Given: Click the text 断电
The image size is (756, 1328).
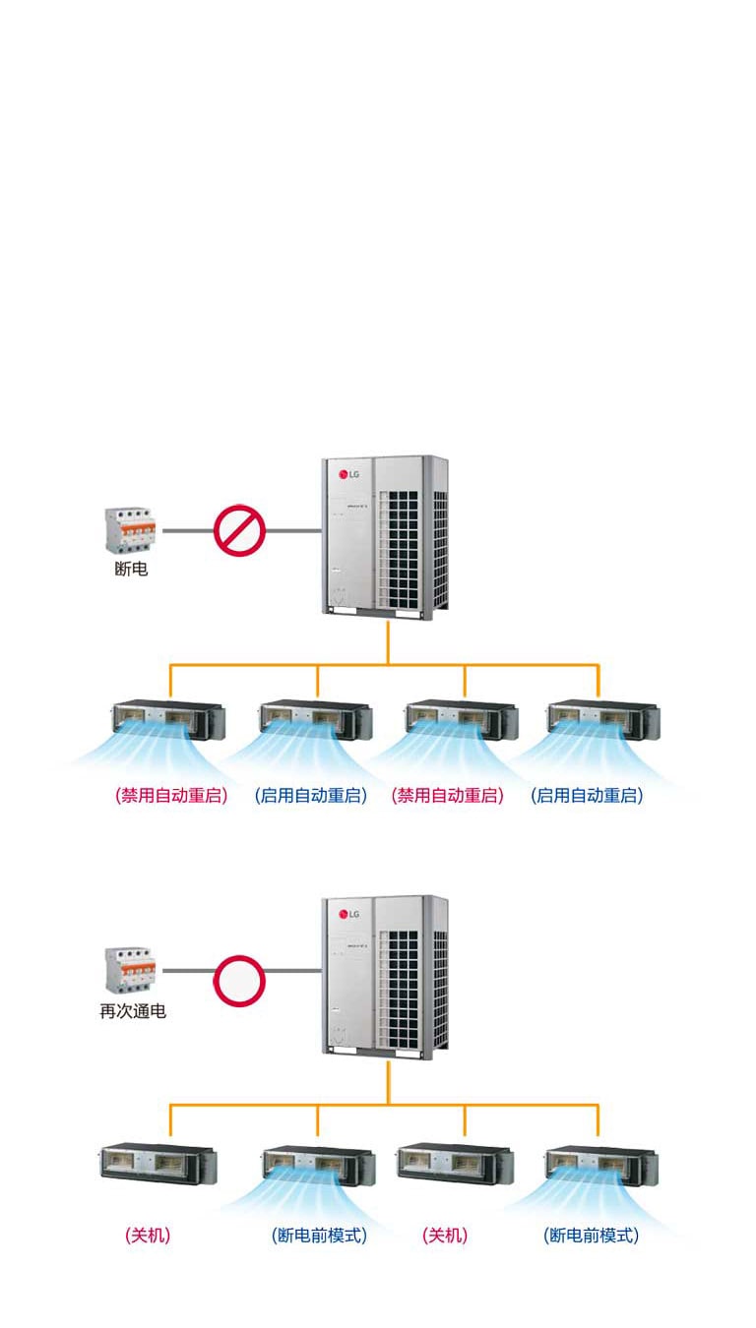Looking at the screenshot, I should coord(131,569).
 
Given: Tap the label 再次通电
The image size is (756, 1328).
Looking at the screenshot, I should coord(133,1010).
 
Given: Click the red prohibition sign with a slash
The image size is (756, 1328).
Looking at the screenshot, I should coord(240,530).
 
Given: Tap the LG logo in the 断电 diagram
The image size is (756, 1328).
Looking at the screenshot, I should coord(349,475).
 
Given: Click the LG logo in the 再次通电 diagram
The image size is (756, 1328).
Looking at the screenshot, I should coord(349,914).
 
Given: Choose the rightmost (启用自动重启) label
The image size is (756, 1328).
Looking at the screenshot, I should coord(587,796).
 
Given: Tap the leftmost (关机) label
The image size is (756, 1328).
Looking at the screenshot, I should coord(148,1236).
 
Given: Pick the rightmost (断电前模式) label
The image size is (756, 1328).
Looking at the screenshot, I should coord(592,1236).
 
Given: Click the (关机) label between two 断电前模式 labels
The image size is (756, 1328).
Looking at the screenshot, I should coord(445,1236).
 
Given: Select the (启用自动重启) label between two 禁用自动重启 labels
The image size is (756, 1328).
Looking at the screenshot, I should coord(311,796).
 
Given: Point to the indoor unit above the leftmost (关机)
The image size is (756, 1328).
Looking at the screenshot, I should coord(158,1162).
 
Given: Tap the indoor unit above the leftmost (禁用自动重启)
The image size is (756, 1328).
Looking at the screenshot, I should coord(167,720).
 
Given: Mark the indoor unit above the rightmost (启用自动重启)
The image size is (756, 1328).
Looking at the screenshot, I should coord(602,720).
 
